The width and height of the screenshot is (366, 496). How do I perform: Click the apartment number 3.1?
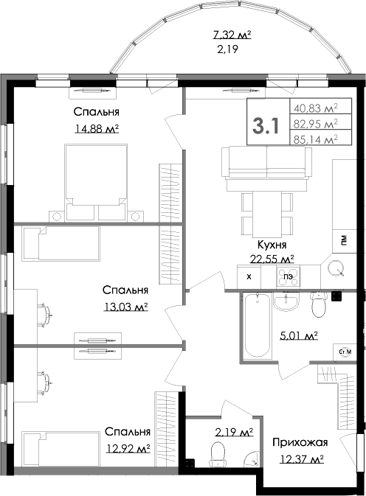[x=266, y=125]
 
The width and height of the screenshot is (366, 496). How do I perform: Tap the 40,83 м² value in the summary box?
[x=316, y=108]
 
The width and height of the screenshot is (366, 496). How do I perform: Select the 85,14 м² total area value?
[x=316, y=139]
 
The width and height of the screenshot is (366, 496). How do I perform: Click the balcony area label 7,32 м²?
[x=232, y=35]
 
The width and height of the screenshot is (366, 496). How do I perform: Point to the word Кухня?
[x=272, y=245]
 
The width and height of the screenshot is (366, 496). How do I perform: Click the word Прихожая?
[x=300, y=442]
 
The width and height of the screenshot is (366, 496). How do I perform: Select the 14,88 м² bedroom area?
[x=97, y=128]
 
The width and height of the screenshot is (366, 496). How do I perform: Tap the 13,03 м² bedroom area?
[x=125, y=307]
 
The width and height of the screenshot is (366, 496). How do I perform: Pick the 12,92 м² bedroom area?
[x=128, y=448]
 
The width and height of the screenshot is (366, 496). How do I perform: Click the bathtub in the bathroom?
[x=257, y=326]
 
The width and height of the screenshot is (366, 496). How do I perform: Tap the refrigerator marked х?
[x=249, y=277]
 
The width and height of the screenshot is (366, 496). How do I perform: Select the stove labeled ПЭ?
[x=289, y=277]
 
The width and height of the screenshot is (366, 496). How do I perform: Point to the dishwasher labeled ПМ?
[x=344, y=241]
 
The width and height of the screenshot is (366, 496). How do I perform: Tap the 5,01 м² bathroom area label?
[x=299, y=335]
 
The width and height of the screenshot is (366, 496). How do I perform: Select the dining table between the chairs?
[x=267, y=214]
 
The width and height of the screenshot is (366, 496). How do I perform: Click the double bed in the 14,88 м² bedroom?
[x=96, y=182]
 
